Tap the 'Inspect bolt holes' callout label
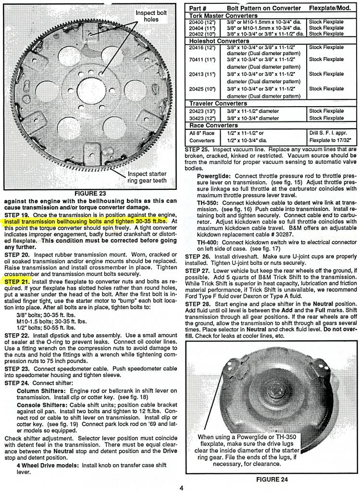(151, 16)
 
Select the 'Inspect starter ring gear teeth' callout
(147, 177)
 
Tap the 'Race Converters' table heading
(210, 125)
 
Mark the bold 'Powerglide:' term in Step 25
(215, 176)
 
